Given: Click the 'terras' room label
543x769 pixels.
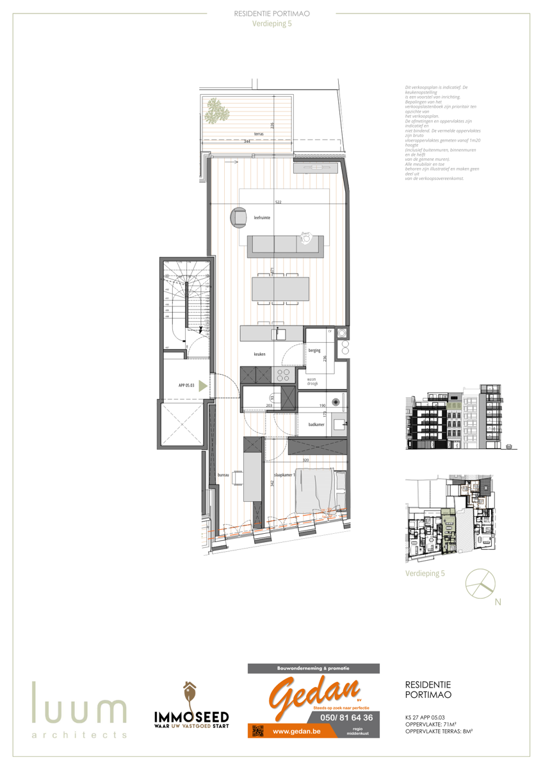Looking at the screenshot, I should point(241,134).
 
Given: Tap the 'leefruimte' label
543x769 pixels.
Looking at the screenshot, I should point(261,218).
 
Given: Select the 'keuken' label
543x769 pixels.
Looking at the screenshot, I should point(259,354).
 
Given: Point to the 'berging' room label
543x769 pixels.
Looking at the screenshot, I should point(314,351).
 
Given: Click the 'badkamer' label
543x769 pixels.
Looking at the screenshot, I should point(316,424).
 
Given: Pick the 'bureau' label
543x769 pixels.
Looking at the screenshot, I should point(223,475).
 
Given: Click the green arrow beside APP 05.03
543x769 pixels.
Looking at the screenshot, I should point(203,386).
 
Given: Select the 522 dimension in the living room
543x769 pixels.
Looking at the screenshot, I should point(278,202).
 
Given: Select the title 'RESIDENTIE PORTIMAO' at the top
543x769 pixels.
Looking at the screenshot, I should point(271,12).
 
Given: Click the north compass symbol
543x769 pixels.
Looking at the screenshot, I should point(480,584).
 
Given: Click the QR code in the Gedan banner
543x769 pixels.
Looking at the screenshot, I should point(257,731).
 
